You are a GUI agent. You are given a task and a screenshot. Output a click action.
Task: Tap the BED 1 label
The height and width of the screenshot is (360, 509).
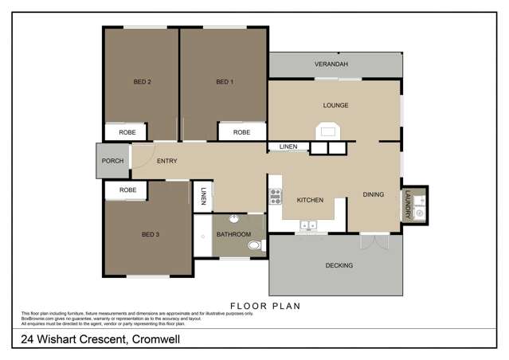tap(225, 81)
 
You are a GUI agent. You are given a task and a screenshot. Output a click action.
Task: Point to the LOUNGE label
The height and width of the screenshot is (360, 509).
tap(335, 105)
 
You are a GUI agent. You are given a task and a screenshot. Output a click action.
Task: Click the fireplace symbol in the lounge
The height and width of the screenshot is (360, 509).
tap(327, 131)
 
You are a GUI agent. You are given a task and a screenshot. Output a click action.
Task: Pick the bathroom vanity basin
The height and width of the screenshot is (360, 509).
tap(234, 219)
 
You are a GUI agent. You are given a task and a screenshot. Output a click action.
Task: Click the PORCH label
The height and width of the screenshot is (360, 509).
tap(112, 161)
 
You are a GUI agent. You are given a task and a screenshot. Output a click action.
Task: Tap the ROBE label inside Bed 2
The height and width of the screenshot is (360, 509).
tap(127, 132)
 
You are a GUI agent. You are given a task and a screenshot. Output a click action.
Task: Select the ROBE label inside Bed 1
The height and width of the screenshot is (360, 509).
tap(241, 132)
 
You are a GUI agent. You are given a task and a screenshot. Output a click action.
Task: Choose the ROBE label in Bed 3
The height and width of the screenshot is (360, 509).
tap(127, 190)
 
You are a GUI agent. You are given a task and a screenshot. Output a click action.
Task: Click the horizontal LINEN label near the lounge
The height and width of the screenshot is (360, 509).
tap(288, 147)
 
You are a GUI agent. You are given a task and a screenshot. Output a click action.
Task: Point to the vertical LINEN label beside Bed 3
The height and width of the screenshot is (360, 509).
tap(204, 197)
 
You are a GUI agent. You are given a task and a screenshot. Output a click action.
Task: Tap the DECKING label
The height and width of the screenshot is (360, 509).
tap(339, 265)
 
